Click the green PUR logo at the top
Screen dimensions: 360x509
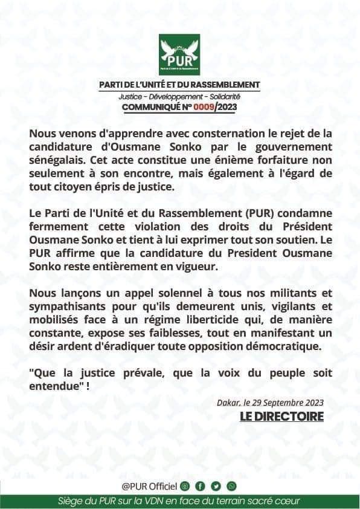179,54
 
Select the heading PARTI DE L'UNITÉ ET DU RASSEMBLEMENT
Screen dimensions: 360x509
179,84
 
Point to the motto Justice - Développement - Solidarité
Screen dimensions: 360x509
179,97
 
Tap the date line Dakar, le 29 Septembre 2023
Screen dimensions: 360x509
270,403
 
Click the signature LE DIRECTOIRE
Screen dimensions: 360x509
281,417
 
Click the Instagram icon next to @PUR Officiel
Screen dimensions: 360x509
185,486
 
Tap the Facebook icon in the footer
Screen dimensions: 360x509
201,486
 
